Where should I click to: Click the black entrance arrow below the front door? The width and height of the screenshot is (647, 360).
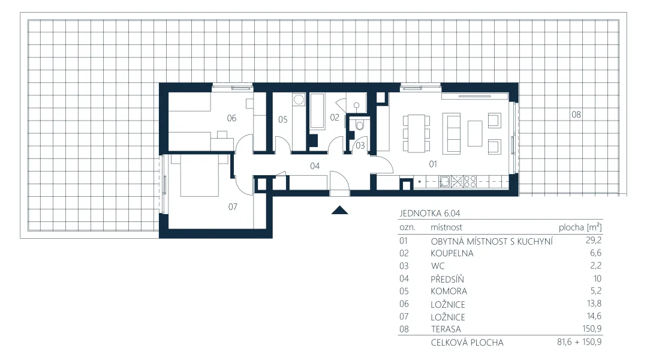339,210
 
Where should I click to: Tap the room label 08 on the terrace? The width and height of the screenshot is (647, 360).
576,115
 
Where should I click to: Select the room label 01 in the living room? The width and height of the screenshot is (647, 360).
433,164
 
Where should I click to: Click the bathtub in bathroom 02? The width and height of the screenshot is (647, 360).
317,111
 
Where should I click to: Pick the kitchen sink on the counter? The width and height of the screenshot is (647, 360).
444,182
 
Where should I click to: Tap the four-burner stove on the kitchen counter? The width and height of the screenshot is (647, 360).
470,182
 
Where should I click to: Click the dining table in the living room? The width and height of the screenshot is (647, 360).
416,133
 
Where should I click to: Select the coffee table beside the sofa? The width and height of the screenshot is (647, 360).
475,133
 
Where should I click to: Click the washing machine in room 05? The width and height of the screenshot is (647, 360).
299,100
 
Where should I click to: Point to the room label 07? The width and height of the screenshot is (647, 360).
233,206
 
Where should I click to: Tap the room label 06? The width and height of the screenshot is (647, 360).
231,118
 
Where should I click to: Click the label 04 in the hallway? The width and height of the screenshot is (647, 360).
315,166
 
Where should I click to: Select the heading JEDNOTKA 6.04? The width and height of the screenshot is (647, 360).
429,214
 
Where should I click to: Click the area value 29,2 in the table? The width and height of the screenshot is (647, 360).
594,240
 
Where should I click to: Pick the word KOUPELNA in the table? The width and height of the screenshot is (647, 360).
452,253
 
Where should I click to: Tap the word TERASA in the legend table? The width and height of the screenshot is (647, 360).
446,329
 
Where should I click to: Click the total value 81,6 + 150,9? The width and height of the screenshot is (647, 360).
579,342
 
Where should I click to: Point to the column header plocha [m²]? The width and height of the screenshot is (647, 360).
580,227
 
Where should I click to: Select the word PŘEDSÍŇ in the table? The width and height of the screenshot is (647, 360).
447,278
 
